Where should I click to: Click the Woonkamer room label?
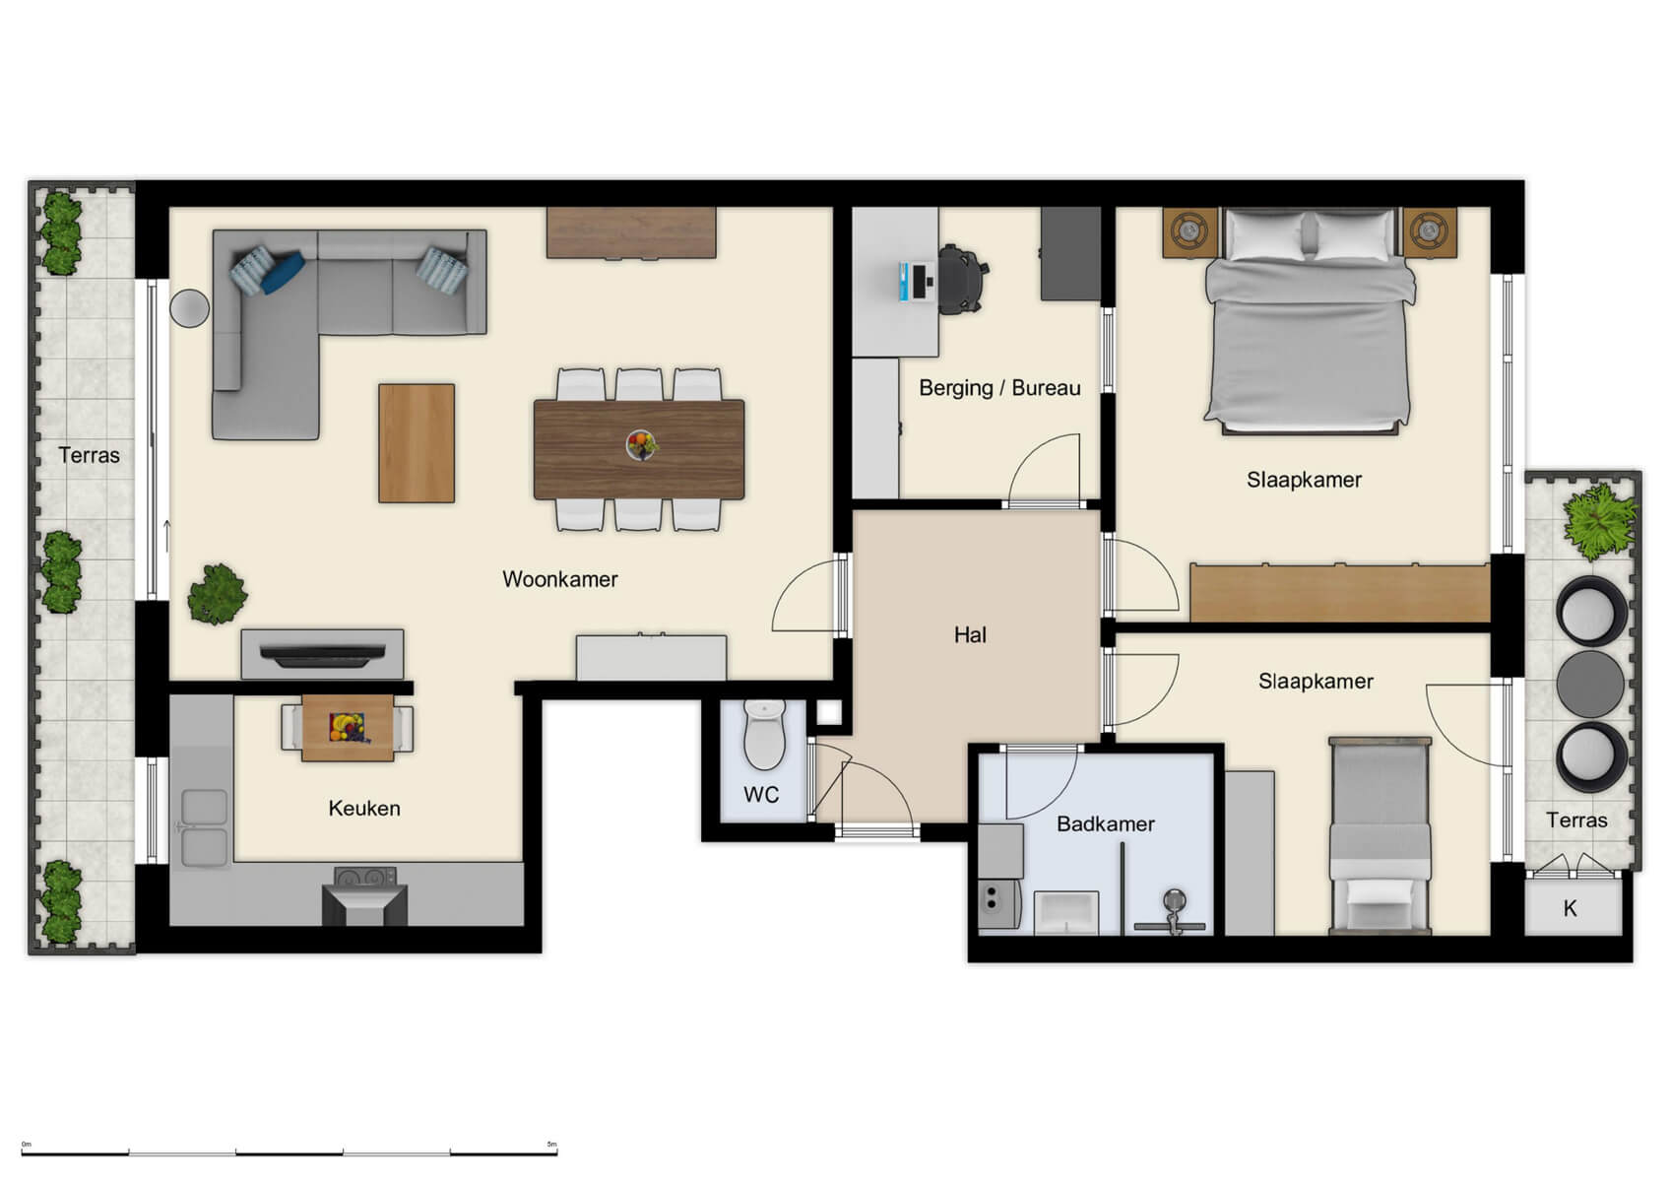(559, 579)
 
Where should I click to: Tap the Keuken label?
(364, 809)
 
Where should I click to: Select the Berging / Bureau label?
(998, 388)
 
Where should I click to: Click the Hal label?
(969, 635)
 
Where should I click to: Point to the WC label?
(761, 795)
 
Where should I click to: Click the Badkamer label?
(1105, 824)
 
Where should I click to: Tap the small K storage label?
(1570, 909)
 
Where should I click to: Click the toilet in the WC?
(764, 736)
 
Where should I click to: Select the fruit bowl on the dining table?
(641, 444)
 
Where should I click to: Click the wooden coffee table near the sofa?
(417, 443)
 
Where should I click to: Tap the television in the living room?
(322, 654)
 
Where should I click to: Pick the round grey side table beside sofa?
(189, 308)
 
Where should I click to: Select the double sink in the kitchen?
(204, 827)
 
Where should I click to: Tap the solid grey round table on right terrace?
(1589, 684)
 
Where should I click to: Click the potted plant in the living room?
(217, 594)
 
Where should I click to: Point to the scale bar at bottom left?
(289, 1151)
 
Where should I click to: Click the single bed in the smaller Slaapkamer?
(1380, 837)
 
